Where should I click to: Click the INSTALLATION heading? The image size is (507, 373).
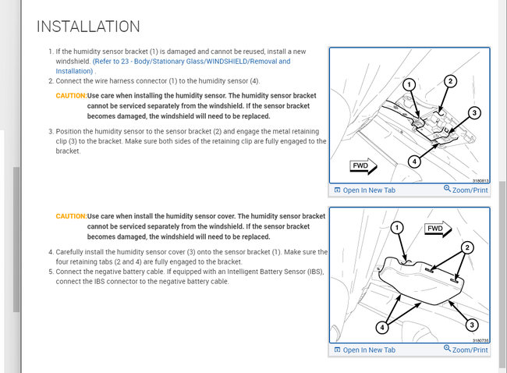click(x=88, y=27)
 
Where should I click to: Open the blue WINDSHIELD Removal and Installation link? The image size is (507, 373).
click(x=191, y=61)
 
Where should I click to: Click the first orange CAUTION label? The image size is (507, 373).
click(x=71, y=95)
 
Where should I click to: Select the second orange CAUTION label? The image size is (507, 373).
click(x=71, y=215)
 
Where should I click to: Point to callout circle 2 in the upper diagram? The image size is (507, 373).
click(x=450, y=80)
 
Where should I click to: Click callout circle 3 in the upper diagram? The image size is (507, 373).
click(x=474, y=113)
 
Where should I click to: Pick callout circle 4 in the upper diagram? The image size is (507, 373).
click(x=415, y=162)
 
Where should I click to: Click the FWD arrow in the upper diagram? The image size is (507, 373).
click(x=363, y=166)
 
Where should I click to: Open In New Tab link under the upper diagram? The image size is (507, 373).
click(x=364, y=190)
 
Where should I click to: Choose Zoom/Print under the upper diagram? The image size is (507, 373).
click(x=466, y=190)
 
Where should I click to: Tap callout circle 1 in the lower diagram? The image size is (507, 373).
click(x=397, y=227)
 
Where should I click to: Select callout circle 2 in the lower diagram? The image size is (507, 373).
click(x=468, y=248)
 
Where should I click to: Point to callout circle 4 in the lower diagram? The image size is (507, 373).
click(x=383, y=327)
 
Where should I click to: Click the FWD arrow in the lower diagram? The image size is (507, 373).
click(x=437, y=229)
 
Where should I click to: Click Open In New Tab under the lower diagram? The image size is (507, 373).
click(x=364, y=350)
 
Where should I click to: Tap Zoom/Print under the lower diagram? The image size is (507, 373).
click(x=466, y=350)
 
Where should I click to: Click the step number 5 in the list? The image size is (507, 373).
click(x=50, y=272)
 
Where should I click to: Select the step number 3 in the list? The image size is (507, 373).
click(x=50, y=132)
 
